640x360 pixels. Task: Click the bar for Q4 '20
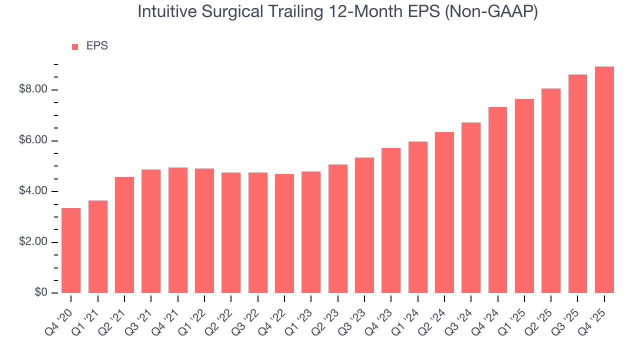point(71,250)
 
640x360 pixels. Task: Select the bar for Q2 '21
point(124,235)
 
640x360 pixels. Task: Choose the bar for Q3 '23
point(364,225)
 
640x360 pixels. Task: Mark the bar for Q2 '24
point(444,212)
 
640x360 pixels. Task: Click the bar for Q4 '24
point(497,200)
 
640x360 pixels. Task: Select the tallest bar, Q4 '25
point(604,180)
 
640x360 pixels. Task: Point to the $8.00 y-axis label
point(33,90)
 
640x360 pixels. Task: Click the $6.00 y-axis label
point(33,140)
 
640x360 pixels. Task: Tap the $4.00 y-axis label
point(33,191)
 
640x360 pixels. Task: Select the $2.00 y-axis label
point(33,242)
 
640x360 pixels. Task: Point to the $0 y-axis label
point(41,292)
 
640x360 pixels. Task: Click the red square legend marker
point(75,47)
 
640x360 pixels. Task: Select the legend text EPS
point(97,46)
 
